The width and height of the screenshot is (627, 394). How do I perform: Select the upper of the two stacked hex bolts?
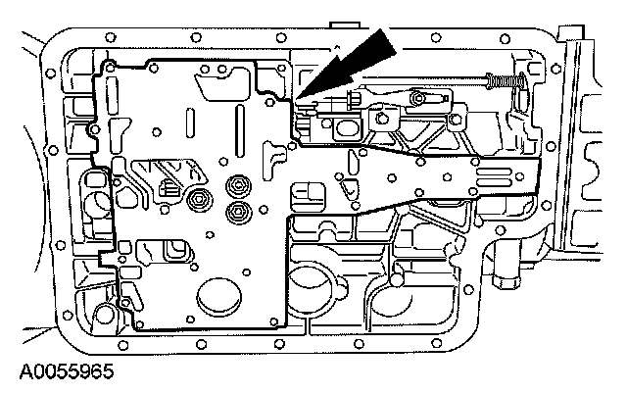(235, 186)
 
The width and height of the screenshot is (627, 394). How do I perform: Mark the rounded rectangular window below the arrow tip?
(345, 126)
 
